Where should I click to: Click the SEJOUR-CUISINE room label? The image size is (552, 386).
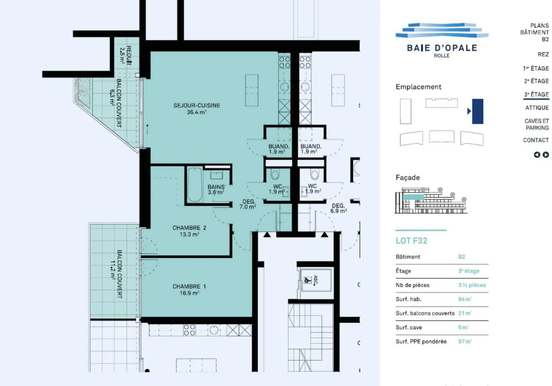[x=197, y=108]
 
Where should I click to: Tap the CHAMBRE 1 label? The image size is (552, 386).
[x=189, y=289]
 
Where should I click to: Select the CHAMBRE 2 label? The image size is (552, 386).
[x=189, y=231]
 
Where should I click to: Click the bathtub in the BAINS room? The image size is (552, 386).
[x=195, y=185]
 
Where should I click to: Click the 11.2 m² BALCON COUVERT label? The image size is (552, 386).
[x=117, y=274]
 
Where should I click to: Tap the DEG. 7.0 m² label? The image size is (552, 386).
[x=248, y=204]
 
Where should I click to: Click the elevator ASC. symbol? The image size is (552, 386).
[x=307, y=280]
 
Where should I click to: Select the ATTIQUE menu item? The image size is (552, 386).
[x=537, y=108]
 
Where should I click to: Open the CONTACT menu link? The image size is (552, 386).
[x=536, y=140]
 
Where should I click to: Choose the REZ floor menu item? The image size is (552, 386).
[x=543, y=54]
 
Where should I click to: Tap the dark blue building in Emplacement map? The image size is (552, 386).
[x=477, y=111]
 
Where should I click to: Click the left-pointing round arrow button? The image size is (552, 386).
[x=537, y=155]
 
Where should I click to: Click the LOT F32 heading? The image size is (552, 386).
[x=411, y=241]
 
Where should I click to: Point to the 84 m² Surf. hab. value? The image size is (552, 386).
[x=465, y=299]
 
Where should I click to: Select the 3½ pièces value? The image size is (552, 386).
[x=472, y=285]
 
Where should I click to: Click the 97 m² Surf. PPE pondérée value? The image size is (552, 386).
[x=465, y=341]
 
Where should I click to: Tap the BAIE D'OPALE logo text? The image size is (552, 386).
[x=442, y=48]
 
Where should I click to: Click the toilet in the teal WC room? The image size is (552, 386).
[x=275, y=175]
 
